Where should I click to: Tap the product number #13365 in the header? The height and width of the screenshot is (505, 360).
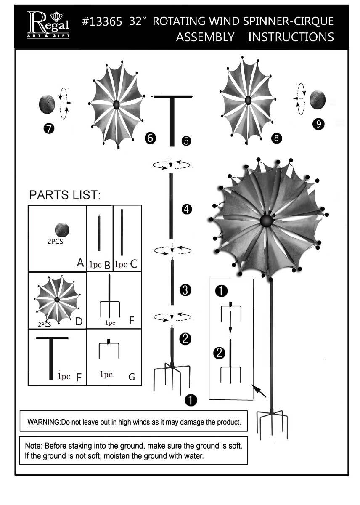click(x=102, y=21)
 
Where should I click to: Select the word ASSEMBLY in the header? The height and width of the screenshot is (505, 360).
click(x=205, y=37)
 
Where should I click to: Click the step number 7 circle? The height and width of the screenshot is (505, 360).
click(x=49, y=129)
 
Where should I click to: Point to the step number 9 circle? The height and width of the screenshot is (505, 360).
click(x=318, y=124)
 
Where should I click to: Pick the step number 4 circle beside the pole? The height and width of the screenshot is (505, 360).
click(x=186, y=209)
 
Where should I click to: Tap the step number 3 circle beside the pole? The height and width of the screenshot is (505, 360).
click(x=185, y=290)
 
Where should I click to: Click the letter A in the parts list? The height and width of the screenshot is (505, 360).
click(x=80, y=263)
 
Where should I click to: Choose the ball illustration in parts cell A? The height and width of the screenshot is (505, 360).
click(x=62, y=230)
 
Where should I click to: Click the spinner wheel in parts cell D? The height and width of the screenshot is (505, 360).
click(x=57, y=299)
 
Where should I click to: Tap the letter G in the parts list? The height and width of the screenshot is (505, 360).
click(x=132, y=377)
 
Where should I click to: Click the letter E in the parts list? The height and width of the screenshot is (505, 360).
click(x=132, y=321)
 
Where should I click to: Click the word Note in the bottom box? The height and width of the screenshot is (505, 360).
click(x=32, y=445)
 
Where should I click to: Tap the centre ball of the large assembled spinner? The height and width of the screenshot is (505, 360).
click(x=266, y=220)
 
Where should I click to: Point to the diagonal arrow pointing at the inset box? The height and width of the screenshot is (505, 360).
click(x=260, y=392)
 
